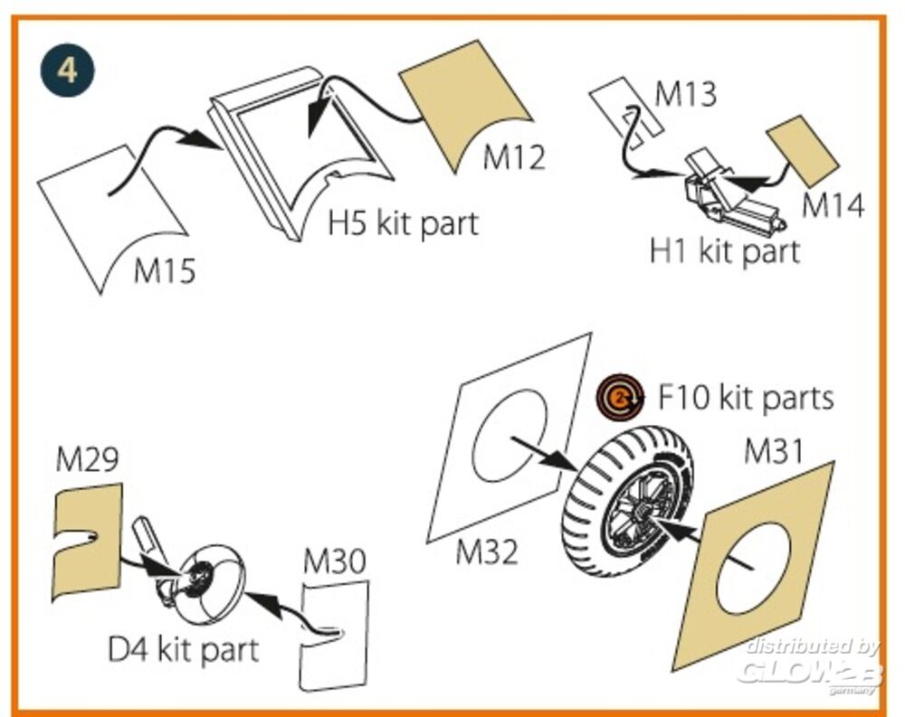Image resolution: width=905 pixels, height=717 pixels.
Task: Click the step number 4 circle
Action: point(69,71)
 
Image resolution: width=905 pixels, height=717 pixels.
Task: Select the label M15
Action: point(165,269)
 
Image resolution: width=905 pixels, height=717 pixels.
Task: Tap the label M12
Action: point(514,156)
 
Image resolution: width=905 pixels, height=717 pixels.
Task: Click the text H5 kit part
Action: point(403,222)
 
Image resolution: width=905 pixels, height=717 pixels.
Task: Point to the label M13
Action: point(685,94)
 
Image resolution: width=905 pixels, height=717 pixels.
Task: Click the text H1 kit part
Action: point(725,251)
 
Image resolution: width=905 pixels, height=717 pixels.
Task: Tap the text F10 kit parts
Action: point(745,397)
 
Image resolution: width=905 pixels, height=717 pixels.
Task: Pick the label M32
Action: point(487,551)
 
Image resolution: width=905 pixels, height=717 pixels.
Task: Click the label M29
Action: point(87,460)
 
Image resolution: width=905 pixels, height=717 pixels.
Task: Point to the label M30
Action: point(335,562)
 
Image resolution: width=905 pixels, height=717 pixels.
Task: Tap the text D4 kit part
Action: point(183,648)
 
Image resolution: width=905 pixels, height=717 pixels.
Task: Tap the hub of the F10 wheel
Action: point(640,515)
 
